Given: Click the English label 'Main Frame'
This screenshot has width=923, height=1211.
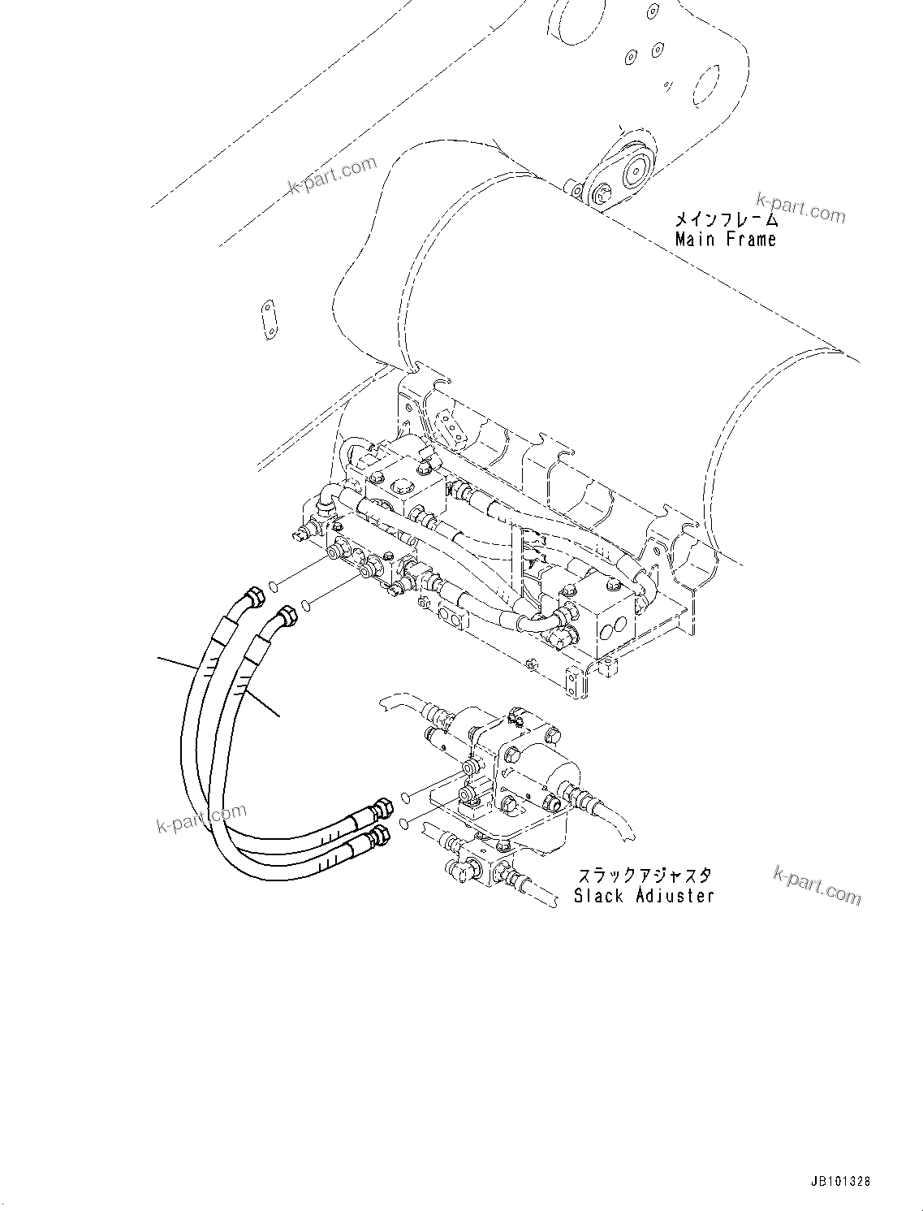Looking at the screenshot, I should coord(725,240).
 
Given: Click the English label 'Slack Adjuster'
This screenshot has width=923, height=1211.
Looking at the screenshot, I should coord(644,896).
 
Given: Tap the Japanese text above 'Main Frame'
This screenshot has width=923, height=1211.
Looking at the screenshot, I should coord(725,219).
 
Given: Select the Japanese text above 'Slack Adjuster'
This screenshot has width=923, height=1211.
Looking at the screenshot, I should coord(645,876).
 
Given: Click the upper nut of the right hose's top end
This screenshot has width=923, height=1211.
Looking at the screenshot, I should coord(287,616).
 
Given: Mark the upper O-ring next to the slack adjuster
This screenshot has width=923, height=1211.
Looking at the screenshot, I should coord(405,801).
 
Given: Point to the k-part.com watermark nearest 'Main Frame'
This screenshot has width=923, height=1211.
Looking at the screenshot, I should coord(800,206).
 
